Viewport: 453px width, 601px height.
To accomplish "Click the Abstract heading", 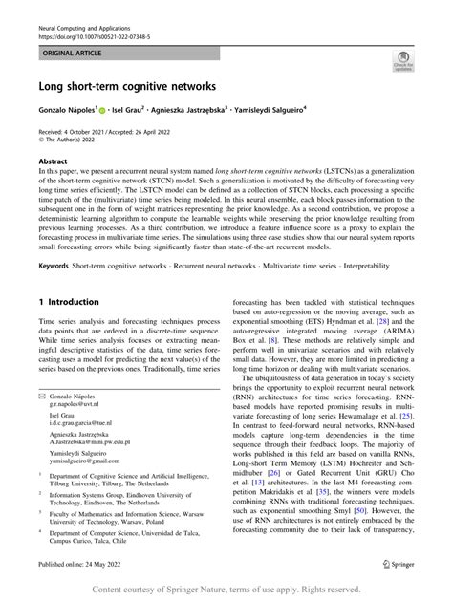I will click(53, 162).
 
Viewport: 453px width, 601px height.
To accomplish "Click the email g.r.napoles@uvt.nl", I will click(83, 429).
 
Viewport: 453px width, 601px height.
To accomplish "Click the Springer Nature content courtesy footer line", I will click(226, 590).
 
